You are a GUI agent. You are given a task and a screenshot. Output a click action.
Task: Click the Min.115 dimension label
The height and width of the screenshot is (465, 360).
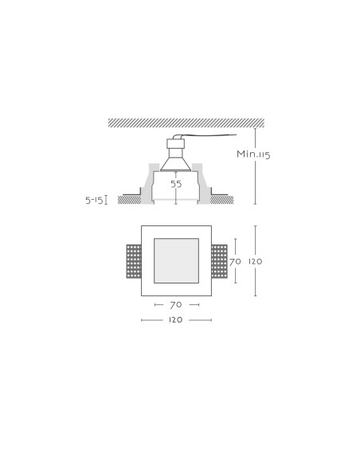tap(253, 154)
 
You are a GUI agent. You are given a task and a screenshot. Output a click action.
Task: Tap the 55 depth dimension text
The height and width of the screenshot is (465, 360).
tap(176, 184)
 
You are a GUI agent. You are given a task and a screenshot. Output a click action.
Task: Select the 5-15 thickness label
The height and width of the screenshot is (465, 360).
tap(94, 201)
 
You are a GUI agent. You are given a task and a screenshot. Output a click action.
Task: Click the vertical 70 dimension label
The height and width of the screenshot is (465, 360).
tap(235, 261)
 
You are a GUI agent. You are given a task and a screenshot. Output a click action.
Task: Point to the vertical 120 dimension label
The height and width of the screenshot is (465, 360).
tap(256, 261)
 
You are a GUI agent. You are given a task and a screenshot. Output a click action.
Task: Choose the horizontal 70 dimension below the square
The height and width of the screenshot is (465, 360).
tap(176, 305)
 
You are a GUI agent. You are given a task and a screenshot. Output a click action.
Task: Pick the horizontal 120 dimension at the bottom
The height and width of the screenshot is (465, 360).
tap(175, 320)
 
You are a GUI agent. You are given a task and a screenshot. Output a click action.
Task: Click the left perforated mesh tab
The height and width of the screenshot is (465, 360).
tap(134, 261)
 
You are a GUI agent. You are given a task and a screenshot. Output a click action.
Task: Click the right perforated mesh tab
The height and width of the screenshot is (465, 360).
tap(220, 261)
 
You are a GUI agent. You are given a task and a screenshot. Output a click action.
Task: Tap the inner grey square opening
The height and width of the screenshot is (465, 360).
tap(176, 260)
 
